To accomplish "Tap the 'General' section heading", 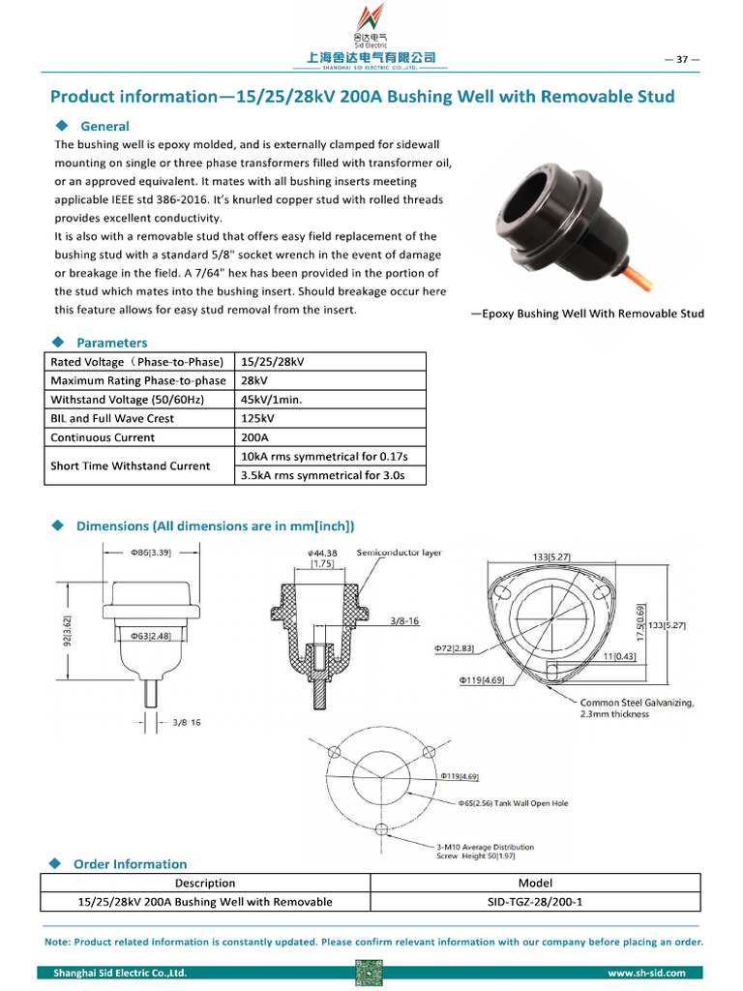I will coord(104,126).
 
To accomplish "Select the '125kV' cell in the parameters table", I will coord(257,418).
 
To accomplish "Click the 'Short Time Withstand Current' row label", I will coord(131,465).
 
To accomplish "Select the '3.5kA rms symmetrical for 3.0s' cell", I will coord(322,475).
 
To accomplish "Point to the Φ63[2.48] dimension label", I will coord(152,636).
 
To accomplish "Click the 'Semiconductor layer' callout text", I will coord(399,553).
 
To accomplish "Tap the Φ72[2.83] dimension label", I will coord(456,646).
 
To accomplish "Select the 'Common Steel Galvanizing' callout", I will coord(636,703).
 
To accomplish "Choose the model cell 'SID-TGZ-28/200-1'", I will coord(535,902).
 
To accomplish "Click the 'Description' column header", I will coord(205,883).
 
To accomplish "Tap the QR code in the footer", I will coord(370,973).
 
